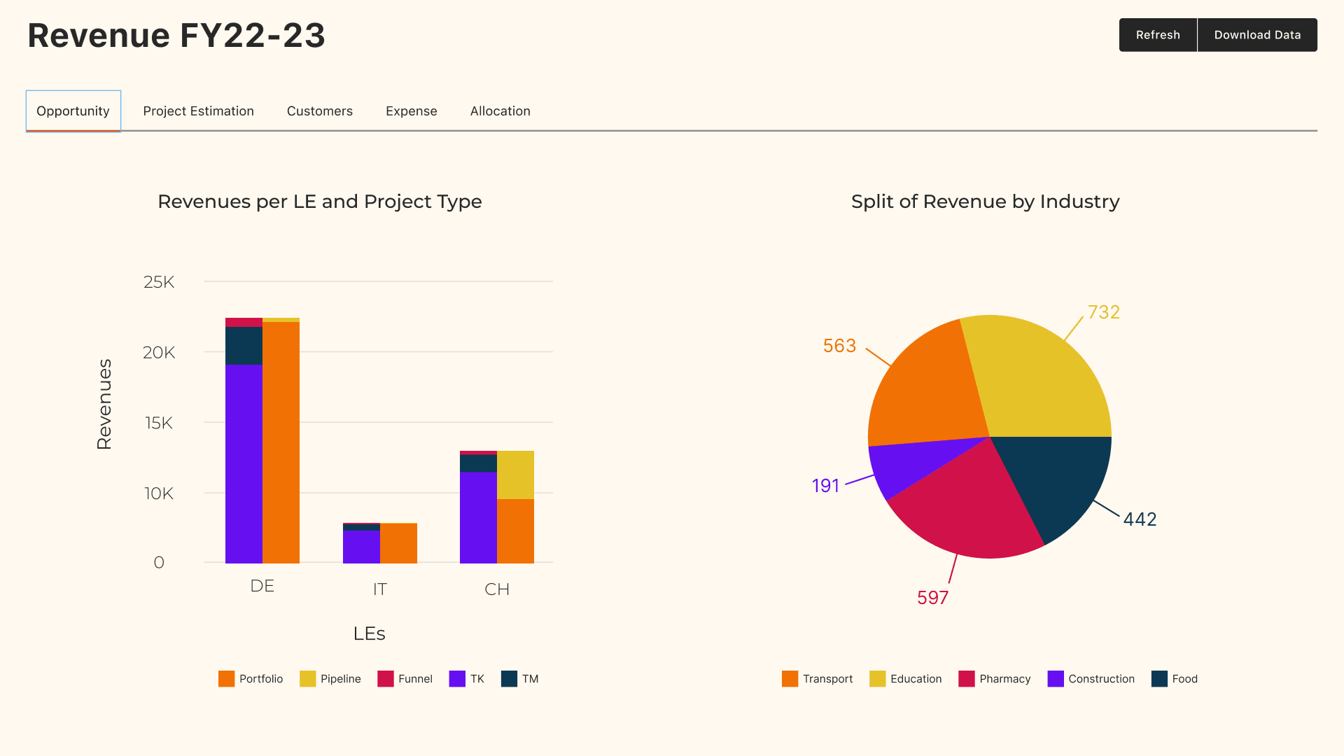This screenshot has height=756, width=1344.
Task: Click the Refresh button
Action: click(x=1158, y=35)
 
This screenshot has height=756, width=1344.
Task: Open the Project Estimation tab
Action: click(x=198, y=111)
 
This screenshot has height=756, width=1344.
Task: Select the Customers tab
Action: click(x=319, y=111)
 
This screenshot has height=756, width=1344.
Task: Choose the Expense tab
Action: click(x=411, y=111)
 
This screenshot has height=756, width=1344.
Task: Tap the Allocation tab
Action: click(x=500, y=111)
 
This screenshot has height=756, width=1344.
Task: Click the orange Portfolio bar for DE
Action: click(x=281, y=441)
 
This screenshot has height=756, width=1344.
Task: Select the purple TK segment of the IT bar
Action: click(x=361, y=547)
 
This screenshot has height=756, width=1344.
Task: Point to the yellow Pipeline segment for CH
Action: click(x=515, y=475)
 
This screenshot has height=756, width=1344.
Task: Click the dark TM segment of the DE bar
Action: click(x=244, y=346)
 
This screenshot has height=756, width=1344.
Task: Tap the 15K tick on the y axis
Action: click(x=159, y=423)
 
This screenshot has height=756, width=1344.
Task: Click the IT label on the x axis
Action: click(x=379, y=589)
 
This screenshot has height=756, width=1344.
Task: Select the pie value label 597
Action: click(x=932, y=598)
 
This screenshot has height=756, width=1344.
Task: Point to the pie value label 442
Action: click(x=1140, y=519)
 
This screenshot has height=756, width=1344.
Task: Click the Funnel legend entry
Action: click(x=405, y=679)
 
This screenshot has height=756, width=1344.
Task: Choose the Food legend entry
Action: click(x=1175, y=679)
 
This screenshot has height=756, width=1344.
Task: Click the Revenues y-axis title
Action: click(x=104, y=404)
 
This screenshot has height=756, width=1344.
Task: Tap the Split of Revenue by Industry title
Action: click(x=985, y=202)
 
